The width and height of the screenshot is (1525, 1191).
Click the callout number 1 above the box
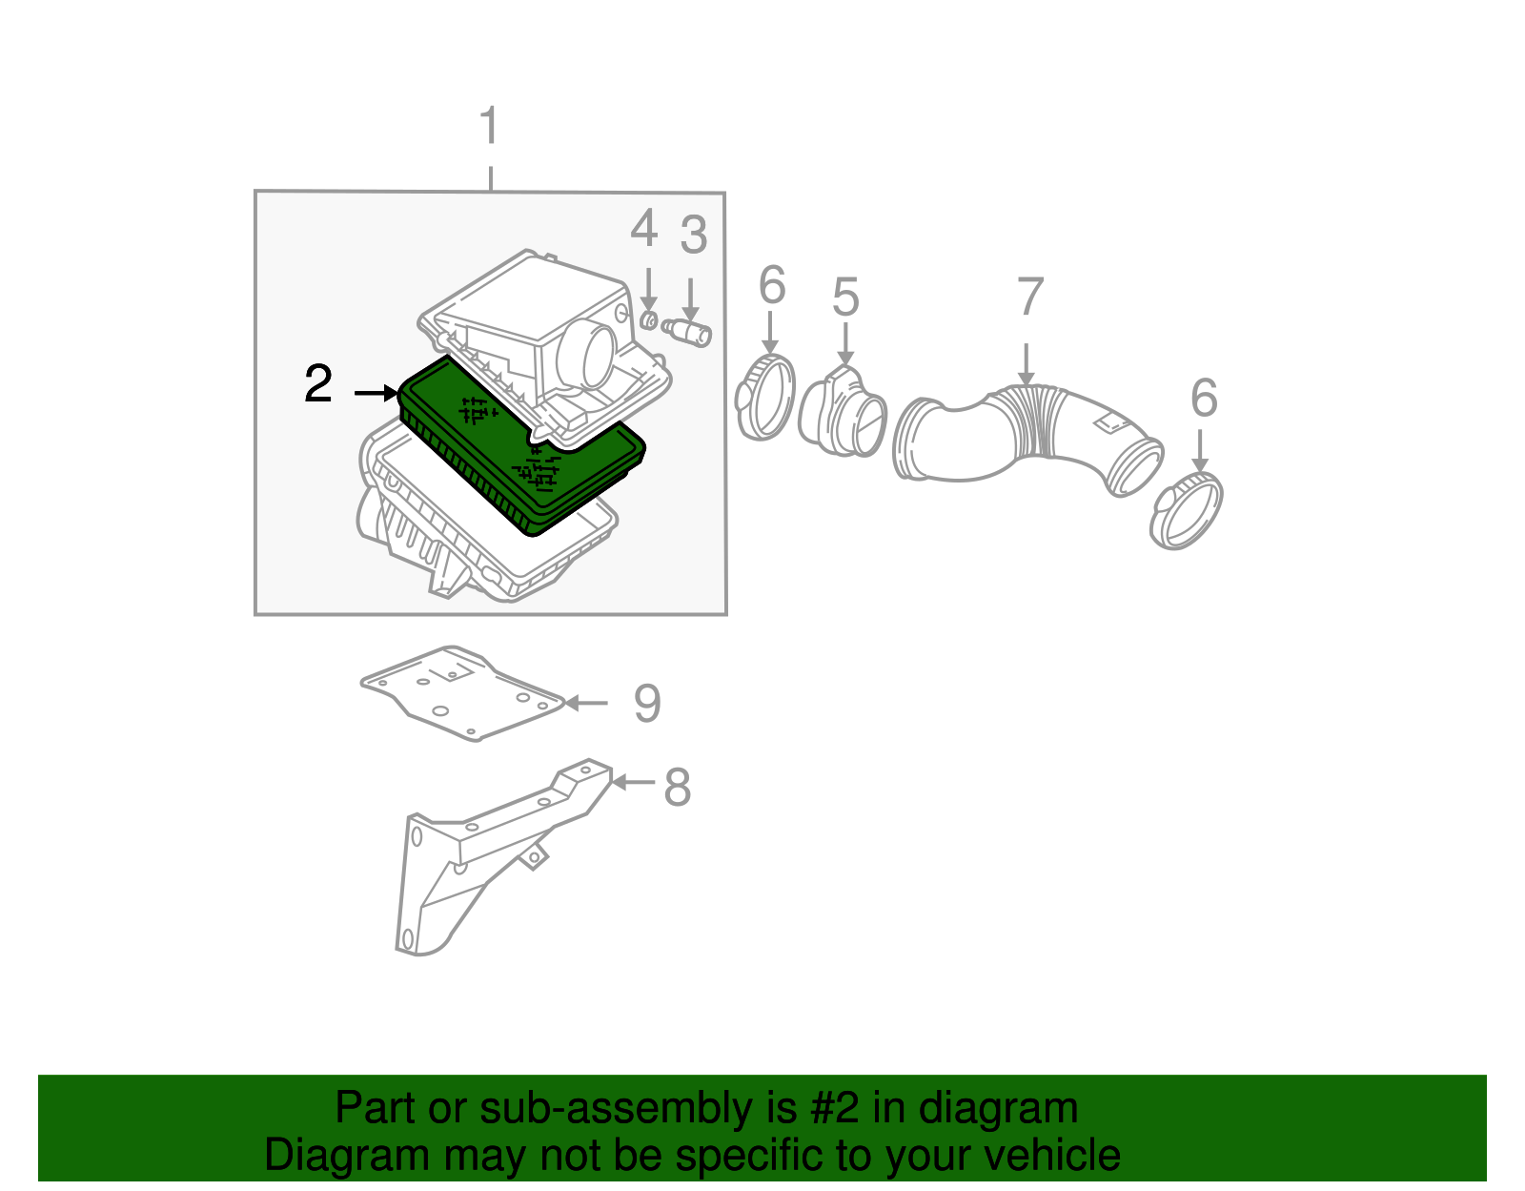(x=489, y=127)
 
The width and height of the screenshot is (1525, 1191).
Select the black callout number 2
(x=318, y=383)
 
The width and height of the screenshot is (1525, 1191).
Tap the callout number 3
(x=693, y=236)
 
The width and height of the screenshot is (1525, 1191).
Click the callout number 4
(x=644, y=230)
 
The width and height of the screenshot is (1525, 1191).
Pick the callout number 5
(x=844, y=298)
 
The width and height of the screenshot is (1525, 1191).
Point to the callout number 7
(x=1029, y=298)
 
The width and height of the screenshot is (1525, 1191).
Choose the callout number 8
(x=677, y=788)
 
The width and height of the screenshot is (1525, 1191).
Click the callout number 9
(x=647, y=704)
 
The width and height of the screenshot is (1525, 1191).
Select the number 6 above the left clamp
(x=772, y=286)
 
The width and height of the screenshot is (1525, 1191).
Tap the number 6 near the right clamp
(x=1204, y=399)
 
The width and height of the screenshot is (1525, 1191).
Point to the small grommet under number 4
(x=648, y=319)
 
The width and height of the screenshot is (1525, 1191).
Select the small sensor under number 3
(x=690, y=332)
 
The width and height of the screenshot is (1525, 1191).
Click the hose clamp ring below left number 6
(x=765, y=397)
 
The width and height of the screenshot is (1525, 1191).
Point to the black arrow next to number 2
(x=376, y=393)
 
